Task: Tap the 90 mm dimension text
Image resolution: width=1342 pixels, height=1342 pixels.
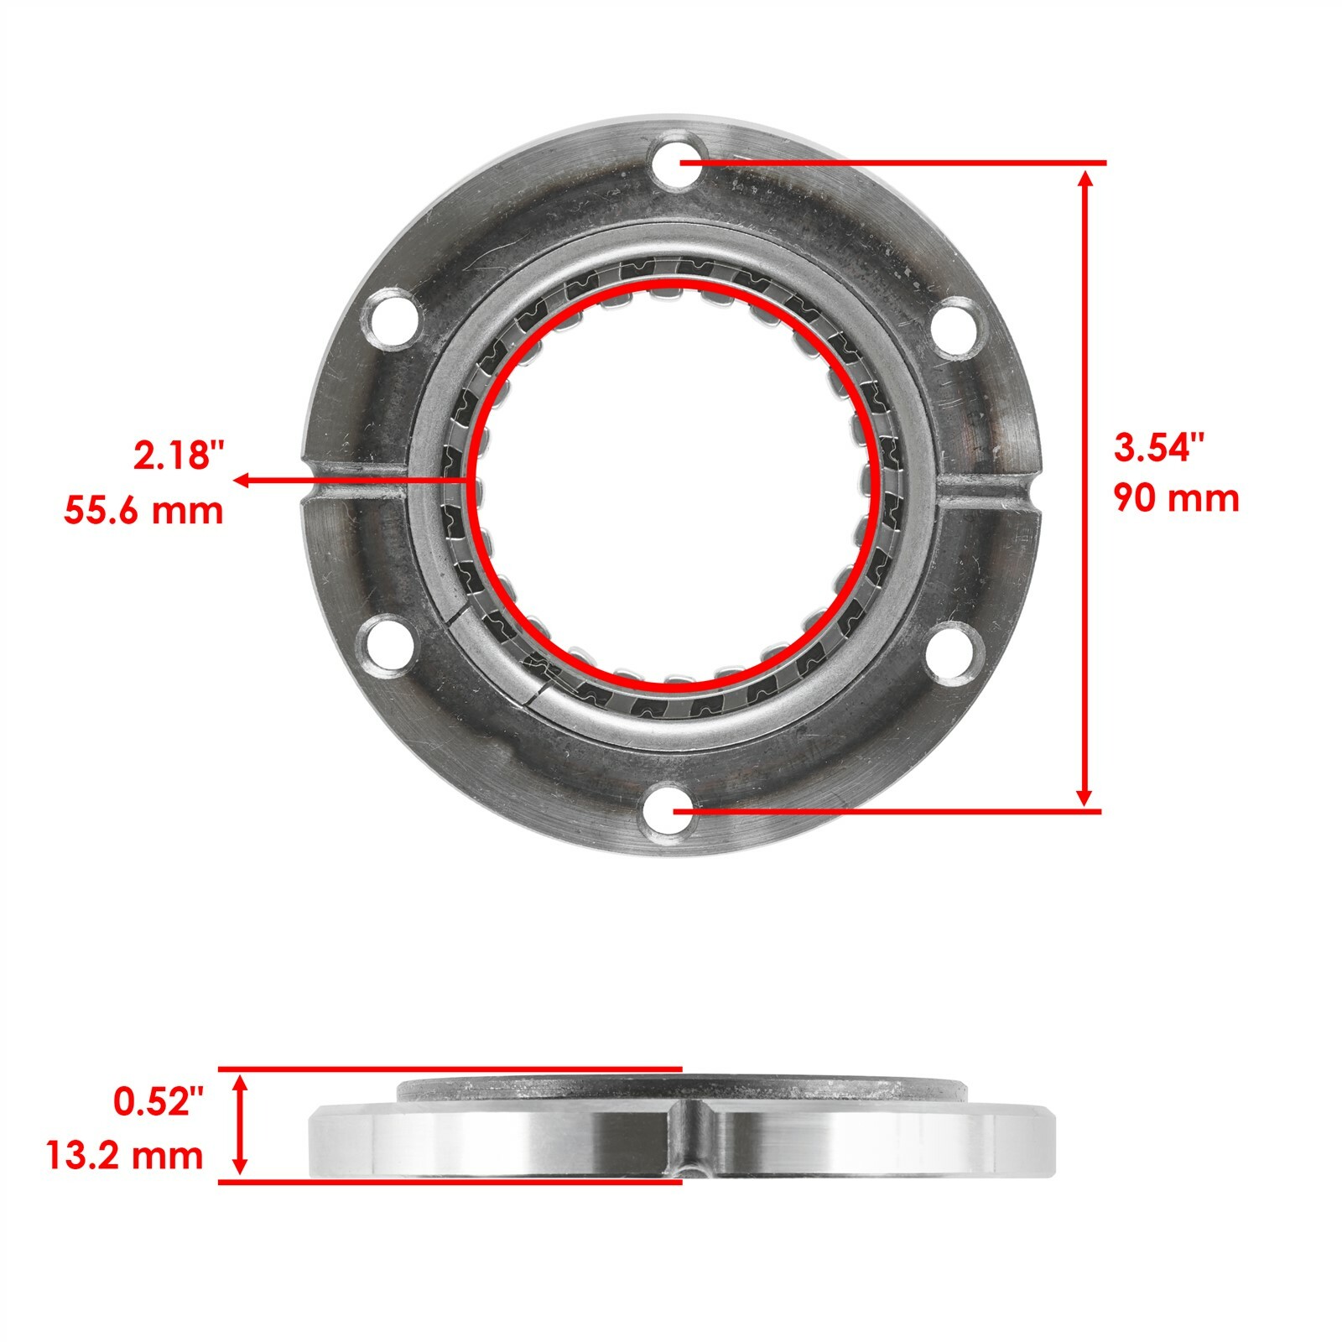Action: [x=1176, y=499]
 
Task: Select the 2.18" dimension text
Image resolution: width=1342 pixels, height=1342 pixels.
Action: [x=179, y=458]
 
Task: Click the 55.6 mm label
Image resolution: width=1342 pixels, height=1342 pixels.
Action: [x=144, y=511]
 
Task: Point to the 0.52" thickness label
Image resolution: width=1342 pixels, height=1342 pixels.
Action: [x=159, y=1102]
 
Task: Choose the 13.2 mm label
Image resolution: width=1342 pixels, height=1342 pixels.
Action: [x=124, y=1155]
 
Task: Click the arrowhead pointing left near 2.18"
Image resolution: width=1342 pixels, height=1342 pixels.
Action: [x=242, y=480]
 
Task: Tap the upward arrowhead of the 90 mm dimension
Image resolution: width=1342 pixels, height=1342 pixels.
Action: [x=1086, y=179]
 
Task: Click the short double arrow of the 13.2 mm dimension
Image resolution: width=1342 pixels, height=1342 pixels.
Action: [x=241, y=1126]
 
